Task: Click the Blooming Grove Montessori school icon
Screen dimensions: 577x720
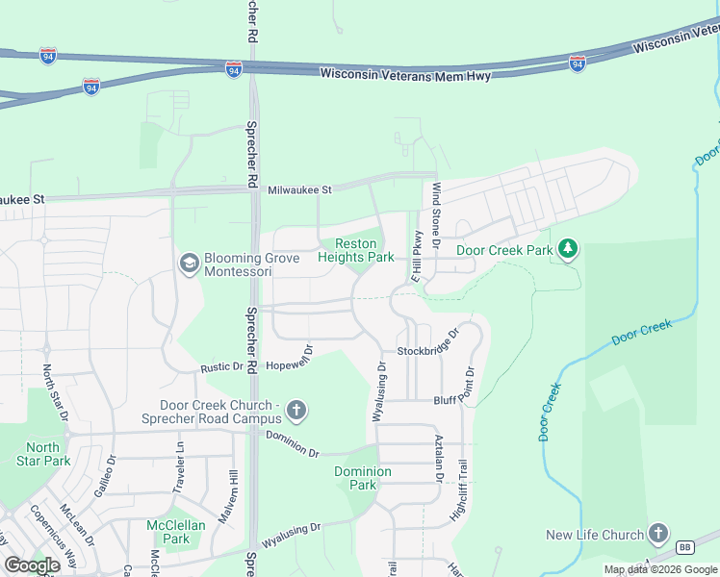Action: [x=190, y=262]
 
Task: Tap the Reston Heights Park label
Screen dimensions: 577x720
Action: [x=364, y=251]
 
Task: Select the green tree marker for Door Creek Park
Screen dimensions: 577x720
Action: [x=569, y=250]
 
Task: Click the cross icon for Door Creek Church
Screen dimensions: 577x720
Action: [x=296, y=412]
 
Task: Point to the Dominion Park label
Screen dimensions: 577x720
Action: [x=363, y=478]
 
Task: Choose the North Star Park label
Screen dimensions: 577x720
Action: [x=42, y=454]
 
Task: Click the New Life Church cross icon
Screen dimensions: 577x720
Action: [x=658, y=534]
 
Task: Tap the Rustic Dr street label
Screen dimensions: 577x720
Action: [x=221, y=367]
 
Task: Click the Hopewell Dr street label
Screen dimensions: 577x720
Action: [x=290, y=359]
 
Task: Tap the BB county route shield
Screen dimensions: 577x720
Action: [x=685, y=547]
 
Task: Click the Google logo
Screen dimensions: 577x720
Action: [x=32, y=565]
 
